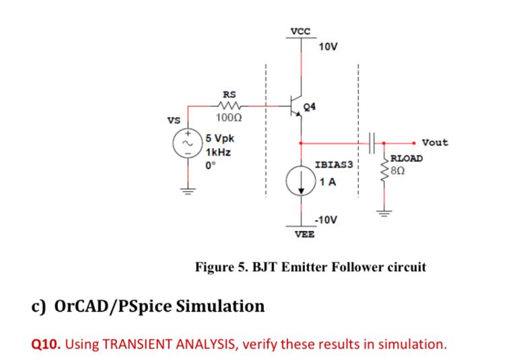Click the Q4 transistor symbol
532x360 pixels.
pos(296,106)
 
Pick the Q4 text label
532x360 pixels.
pos(310,106)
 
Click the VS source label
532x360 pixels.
pos(173,122)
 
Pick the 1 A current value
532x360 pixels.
pos(329,182)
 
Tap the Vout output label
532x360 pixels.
pos(434,142)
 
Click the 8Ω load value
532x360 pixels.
pos(398,170)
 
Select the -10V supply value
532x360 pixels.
pos(326,221)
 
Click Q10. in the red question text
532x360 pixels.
pos(46,345)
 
